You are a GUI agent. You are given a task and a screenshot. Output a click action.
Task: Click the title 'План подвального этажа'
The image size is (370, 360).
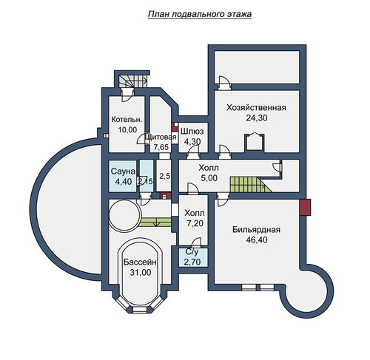point(200,14)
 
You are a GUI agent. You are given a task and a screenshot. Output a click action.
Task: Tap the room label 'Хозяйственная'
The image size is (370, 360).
point(256,108)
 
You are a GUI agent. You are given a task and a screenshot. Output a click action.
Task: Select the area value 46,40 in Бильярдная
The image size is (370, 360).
point(257,240)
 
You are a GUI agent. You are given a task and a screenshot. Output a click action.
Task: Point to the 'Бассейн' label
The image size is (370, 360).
point(140,262)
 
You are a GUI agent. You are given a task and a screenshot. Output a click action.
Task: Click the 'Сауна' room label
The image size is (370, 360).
point(123,171)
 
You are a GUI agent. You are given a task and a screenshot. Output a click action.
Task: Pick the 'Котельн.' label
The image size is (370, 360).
point(127,120)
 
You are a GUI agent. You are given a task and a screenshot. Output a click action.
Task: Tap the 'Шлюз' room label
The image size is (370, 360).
point(192,132)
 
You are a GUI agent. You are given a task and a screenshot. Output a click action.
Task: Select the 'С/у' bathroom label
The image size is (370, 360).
point(192,252)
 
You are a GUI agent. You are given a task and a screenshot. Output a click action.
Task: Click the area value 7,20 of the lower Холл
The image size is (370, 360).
point(195,223)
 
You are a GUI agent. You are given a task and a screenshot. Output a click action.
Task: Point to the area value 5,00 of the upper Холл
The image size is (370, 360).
point(209,178)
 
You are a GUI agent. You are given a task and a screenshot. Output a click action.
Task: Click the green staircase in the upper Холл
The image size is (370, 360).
point(251,185)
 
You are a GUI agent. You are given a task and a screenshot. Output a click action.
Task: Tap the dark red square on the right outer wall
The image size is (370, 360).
point(305,207)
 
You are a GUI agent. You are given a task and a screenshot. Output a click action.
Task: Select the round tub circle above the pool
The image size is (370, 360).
point(125,215)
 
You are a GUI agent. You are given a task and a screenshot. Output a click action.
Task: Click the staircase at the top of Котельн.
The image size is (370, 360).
point(132,81)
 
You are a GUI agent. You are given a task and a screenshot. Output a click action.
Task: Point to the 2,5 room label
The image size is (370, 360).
point(164,176)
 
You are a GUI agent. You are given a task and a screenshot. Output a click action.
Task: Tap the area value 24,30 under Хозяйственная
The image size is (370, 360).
point(257,118)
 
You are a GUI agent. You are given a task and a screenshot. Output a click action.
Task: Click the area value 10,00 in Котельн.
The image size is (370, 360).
point(127,129)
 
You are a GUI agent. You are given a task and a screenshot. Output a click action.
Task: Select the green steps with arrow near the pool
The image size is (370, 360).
point(155,223)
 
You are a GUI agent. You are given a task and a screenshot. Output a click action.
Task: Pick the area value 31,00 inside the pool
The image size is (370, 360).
point(141,273)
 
